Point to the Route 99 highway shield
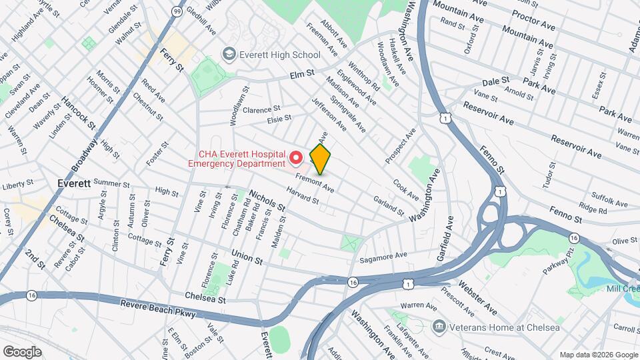click(176, 11)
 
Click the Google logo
click(22, 352)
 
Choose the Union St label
click(247, 255)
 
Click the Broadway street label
click(86, 155)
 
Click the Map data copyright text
click(599, 354)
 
